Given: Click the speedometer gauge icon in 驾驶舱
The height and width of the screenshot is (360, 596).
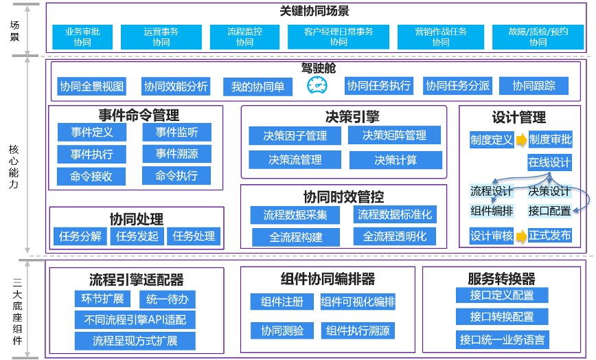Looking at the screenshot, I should point(317,86).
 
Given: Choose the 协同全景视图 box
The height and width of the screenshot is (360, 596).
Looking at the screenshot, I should point(92,86).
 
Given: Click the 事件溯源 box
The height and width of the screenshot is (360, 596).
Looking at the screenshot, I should point(176,154).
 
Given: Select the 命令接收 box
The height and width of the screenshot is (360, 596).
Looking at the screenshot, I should point(91,177).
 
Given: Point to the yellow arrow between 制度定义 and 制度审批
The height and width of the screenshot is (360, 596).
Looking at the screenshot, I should point(521,140).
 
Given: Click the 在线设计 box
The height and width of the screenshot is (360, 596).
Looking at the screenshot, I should point(549,163).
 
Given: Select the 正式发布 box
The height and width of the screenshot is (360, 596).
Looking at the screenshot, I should point(549,236).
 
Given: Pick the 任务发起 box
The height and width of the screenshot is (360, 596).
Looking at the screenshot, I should point(137,236).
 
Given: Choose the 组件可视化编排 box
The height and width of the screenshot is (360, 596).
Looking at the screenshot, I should point(358,302).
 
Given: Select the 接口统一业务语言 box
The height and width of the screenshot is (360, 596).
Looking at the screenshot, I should point(503,339).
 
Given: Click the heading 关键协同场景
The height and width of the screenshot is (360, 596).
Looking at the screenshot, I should point(315,11).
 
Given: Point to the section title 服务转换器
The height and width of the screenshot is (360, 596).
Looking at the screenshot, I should point(501,279).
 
